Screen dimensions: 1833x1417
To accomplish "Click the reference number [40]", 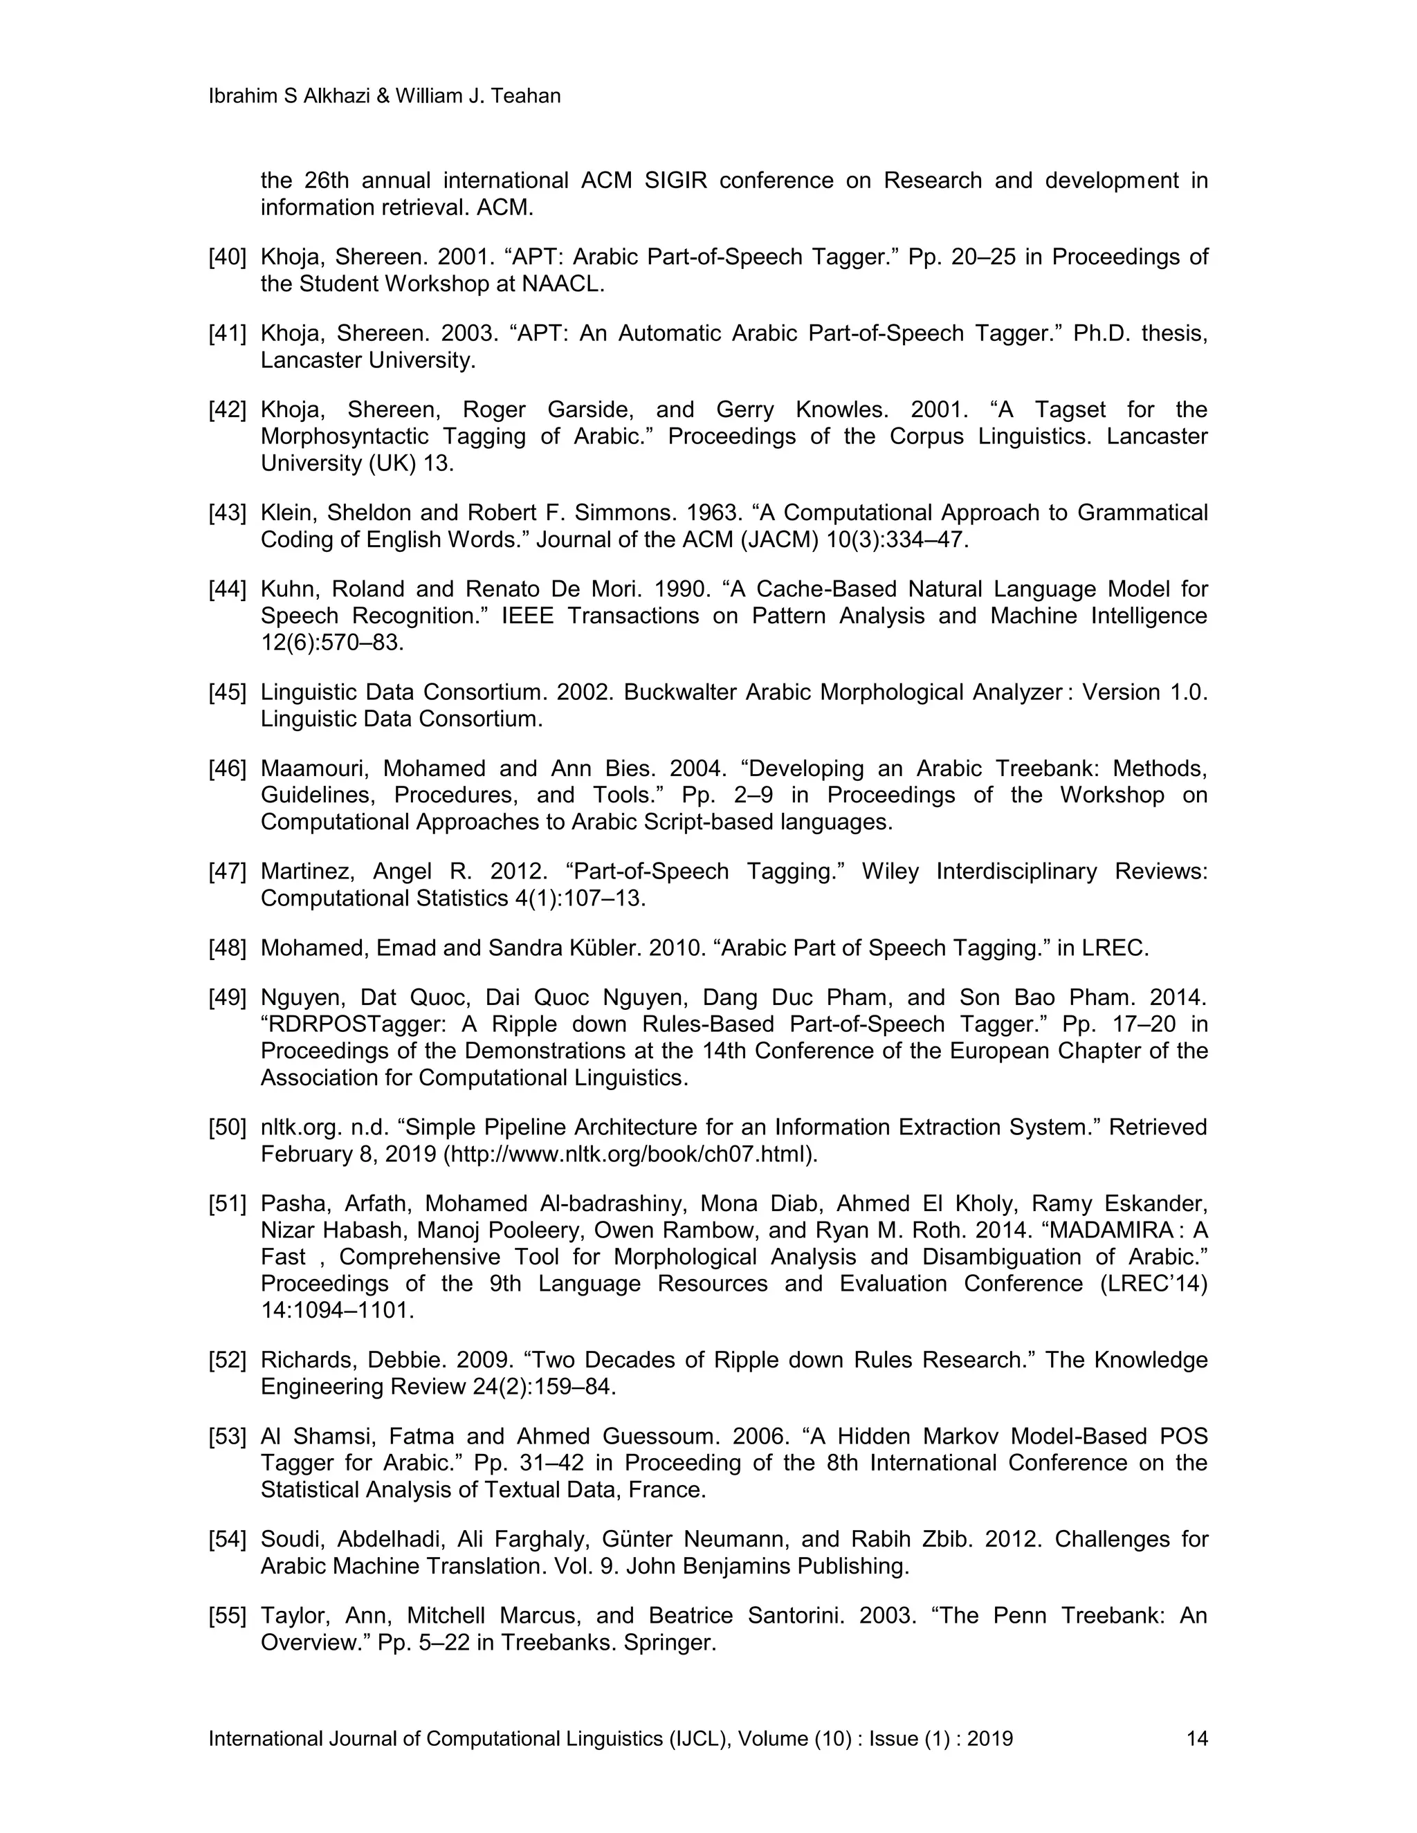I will pyautogui.click(x=227, y=257).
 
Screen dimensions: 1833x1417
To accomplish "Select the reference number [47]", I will pyautogui.click(x=227, y=872).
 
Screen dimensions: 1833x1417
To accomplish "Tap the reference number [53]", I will pyautogui.click(x=227, y=1436).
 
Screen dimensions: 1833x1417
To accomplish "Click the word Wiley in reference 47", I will pyautogui.click(x=890, y=872).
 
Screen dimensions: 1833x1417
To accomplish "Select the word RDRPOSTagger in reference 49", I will pyautogui.click(x=337, y=1025).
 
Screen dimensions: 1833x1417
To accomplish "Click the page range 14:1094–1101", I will pyautogui.click(x=338, y=1311).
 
